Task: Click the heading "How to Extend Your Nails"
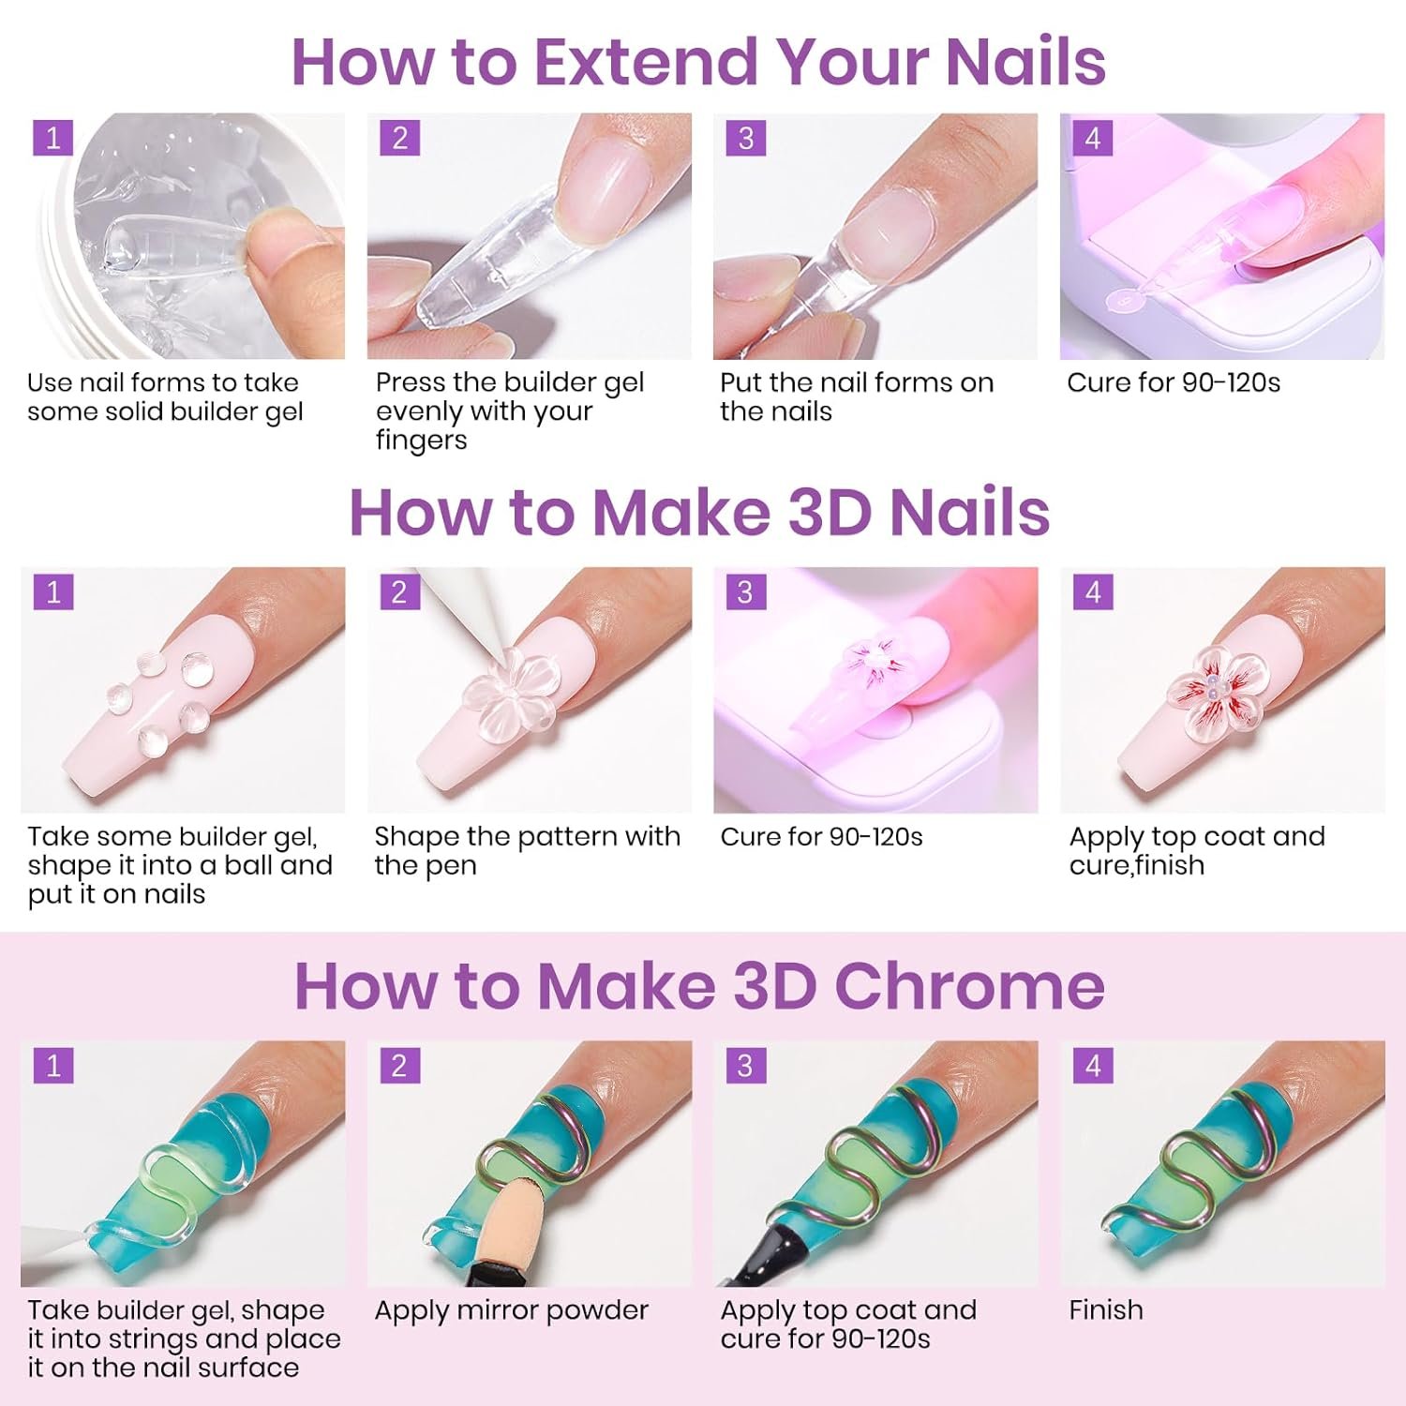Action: click(x=699, y=62)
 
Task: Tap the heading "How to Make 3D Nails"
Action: click(x=699, y=513)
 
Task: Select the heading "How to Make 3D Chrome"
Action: click(x=699, y=986)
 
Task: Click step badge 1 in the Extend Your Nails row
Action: click(x=52, y=138)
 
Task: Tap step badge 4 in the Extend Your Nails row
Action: click(x=1093, y=138)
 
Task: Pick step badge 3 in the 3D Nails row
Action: click(x=746, y=591)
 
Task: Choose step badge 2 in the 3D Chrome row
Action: click(x=399, y=1066)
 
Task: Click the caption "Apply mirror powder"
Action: click(x=512, y=1310)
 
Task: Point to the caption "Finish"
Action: click(x=1106, y=1309)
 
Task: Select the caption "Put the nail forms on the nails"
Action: click(x=857, y=396)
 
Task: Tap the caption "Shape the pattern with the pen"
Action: click(x=528, y=850)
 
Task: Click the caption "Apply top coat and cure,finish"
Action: click(x=1197, y=850)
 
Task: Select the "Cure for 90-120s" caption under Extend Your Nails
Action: click(x=1174, y=382)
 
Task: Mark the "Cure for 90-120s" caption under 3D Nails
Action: click(x=822, y=837)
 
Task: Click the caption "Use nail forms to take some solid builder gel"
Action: click(x=165, y=396)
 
